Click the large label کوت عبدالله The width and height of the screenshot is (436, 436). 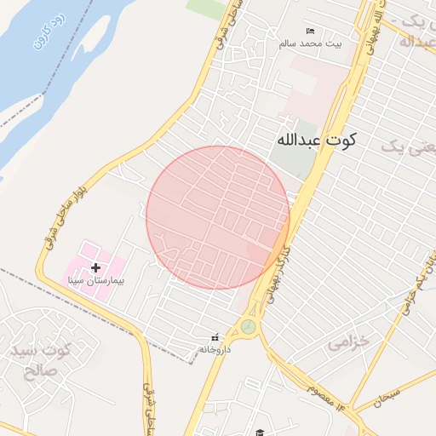[x=316, y=140]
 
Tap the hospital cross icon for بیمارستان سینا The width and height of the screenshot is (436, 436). [x=95, y=268]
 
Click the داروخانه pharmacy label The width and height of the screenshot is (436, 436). [x=215, y=349]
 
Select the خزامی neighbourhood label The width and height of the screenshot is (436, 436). [x=349, y=341]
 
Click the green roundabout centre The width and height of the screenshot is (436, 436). [x=248, y=326]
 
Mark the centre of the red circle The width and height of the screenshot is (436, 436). [x=218, y=217]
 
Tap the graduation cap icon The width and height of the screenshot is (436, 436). [x=260, y=433]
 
